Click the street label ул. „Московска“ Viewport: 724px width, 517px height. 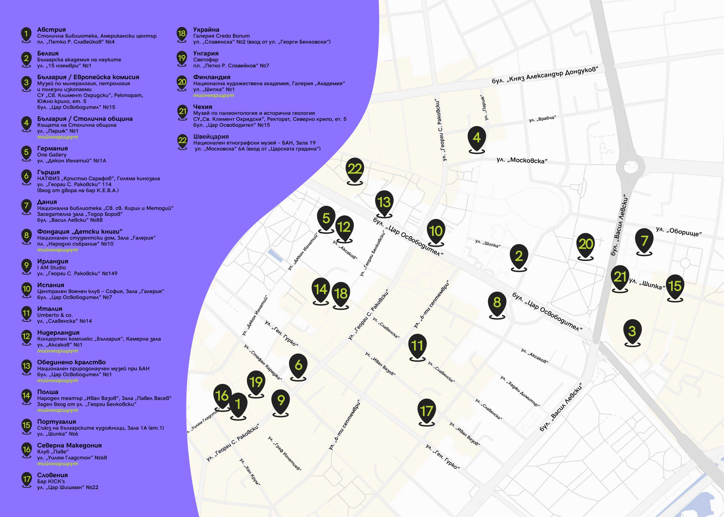[x=522, y=160]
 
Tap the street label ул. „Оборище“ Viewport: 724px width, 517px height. [x=679, y=231]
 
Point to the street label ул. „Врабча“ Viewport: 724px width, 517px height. [x=542, y=119]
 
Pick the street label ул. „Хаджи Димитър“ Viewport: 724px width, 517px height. [x=520, y=391]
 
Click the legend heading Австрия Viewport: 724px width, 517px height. [x=51, y=30]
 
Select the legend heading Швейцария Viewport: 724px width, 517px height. [x=211, y=137]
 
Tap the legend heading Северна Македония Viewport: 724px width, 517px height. [x=69, y=445]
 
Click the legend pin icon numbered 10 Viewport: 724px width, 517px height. [x=26, y=289]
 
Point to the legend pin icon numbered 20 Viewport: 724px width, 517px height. [x=182, y=82]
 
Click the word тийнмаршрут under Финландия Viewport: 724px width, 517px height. [x=214, y=95]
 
